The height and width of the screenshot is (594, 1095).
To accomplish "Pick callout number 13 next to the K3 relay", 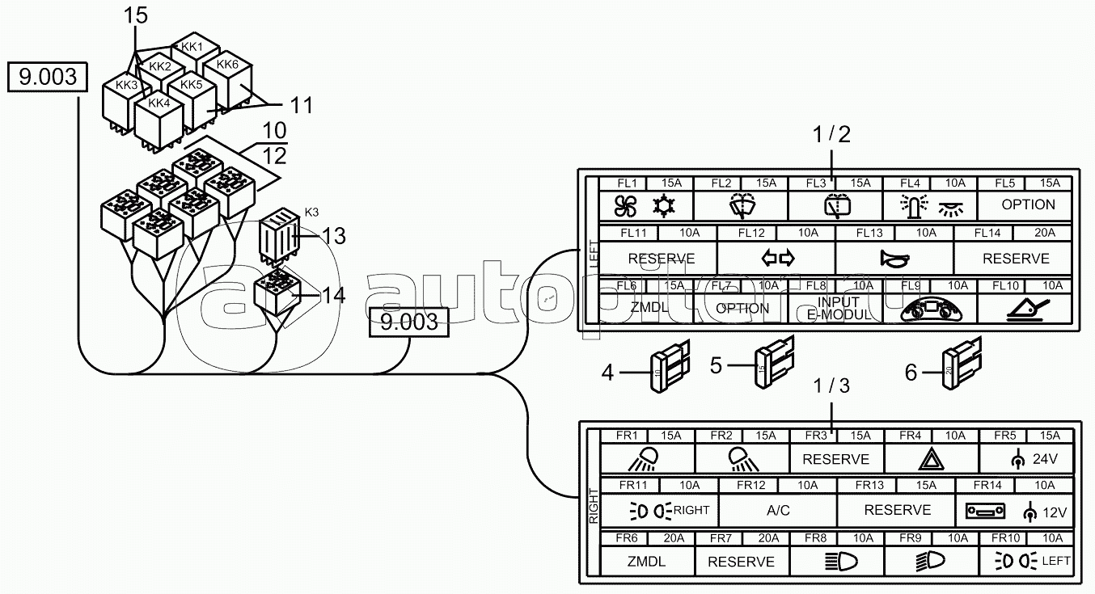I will pos(333,236).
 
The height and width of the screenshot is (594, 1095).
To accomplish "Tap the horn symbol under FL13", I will pos(894,259).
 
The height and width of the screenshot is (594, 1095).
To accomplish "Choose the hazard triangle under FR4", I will pos(931,459).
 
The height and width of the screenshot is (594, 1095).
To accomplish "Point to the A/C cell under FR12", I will pos(777,511).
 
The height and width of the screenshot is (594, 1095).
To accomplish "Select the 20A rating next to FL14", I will pos(1046,234).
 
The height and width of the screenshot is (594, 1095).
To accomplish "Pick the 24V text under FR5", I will pos(1045,459).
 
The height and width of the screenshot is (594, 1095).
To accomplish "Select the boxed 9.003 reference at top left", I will pos(48,78).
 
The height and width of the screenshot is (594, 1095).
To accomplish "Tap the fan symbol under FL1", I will pos(626,206).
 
